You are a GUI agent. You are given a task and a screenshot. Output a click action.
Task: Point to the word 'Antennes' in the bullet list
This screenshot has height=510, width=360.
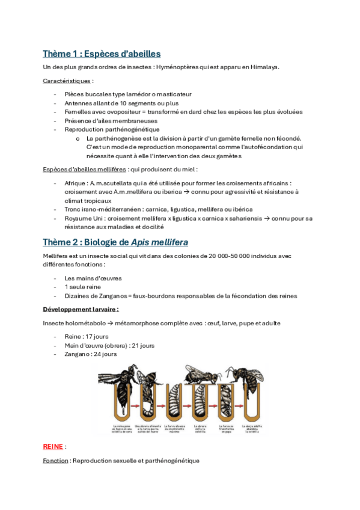coord(78,103)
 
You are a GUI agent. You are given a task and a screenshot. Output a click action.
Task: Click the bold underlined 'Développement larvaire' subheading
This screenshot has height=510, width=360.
coord(80,309)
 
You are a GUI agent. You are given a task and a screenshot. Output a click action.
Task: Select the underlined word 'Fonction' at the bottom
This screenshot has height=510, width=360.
coord(55,461)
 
